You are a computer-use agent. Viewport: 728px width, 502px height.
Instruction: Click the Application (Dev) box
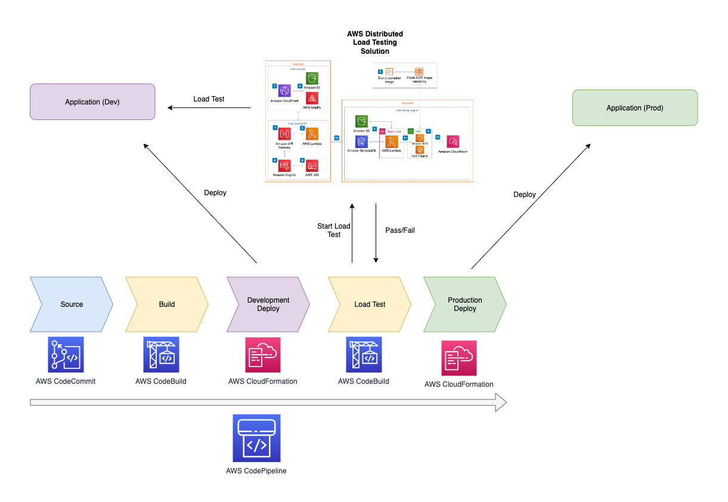(92, 102)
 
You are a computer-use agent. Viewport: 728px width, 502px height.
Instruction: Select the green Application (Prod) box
(634, 108)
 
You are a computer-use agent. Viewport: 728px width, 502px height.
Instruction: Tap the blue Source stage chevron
(72, 304)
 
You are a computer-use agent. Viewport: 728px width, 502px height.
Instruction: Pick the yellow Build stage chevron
(167, 304)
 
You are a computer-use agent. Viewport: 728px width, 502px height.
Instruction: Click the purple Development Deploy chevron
(268, 304)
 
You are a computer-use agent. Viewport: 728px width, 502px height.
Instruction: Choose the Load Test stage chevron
(370, 304)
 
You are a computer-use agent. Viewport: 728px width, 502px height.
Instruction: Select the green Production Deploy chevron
(465, 304)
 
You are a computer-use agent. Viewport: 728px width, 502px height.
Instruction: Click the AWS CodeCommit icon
(66, 355)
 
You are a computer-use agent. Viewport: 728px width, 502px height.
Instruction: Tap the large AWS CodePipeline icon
(256, 438)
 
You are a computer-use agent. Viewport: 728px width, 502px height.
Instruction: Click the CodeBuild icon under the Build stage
(161, 355)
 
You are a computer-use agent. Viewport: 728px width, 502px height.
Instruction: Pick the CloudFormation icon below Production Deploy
(459, 358)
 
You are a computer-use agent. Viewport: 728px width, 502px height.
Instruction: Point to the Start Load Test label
(334, 230)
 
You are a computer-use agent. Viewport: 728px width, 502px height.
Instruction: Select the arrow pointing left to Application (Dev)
(209, 108)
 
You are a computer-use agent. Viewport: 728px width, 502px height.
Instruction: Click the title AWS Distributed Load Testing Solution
(375, 42)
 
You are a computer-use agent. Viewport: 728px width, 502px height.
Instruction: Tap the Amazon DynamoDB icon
(361, 142)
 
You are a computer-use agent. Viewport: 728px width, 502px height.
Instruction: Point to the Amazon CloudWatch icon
(453, 142)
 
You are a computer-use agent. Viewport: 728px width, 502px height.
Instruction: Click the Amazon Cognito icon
(284, 165)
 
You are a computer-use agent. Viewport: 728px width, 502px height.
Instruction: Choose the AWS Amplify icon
(312, 98)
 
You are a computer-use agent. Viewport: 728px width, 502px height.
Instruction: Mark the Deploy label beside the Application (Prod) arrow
(525, 195)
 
